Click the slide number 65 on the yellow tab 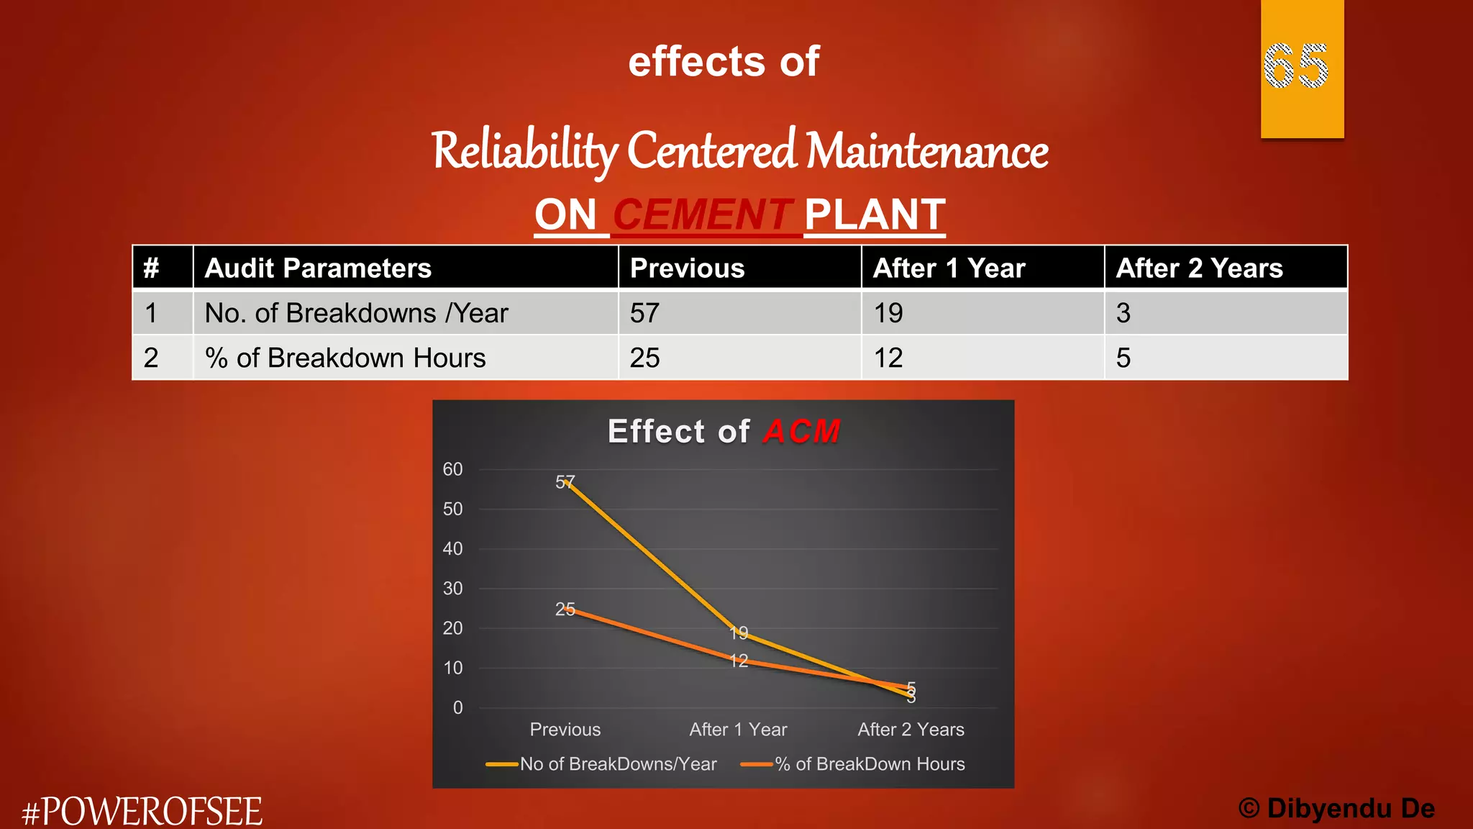[x=1295, y=66]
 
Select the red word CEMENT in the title [x=702, y=215]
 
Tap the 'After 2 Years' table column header [x=1199, y=268]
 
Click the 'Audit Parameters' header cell [x=318, y=268]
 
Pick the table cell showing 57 [x=644, y=313]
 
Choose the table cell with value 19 [x=888, y=313]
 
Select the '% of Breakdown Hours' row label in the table [x=345, y=358]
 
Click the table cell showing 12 [x=888, y=358]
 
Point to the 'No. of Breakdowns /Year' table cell [x=356, y=313]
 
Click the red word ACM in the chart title [x=801, y=432]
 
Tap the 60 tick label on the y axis [x=452, y=469]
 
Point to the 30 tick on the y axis [x=452, y=589]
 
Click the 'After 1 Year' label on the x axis [x=738, y=730]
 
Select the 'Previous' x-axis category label [x=565, y=730]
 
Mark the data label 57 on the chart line [x=565, y=482]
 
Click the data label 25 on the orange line [x=565, y=610]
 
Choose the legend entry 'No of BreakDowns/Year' [x=618, y=764]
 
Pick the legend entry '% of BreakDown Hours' [x=870, y=764]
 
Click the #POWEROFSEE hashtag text [x=142, y=812]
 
